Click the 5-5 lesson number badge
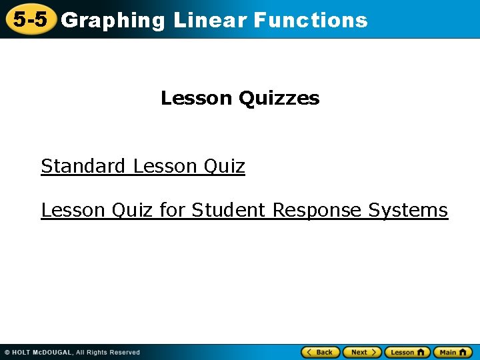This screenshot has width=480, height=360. click(30, 19)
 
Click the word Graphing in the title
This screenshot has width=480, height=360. click(113, 21)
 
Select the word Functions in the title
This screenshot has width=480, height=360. click(311, 21)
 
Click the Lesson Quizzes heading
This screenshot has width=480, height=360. click(240, 99)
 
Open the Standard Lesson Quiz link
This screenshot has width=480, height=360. click(143, 166)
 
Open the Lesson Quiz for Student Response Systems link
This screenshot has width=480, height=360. click(244, 211)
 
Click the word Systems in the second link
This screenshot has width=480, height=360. click(408, 211)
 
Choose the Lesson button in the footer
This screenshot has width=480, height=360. click(407, 352)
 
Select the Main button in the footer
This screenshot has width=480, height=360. click(453, 352)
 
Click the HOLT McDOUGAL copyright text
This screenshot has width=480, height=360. click(72, 352)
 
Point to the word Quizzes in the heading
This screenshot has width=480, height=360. click(278, 99)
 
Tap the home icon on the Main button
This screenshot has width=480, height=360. click(464, 352)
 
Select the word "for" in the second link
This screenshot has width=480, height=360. click(173, 211)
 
